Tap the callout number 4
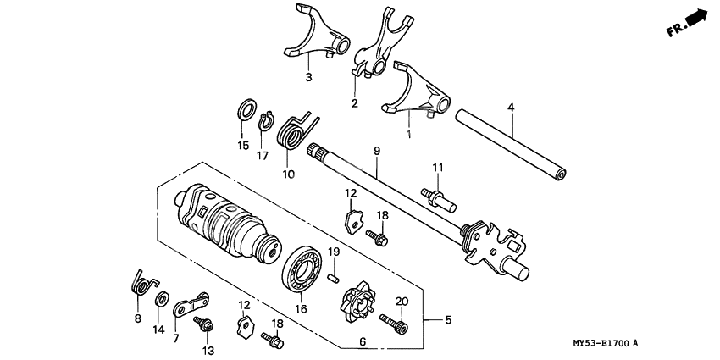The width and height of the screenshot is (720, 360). coord(511,107)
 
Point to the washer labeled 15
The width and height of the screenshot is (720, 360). coord(246,110)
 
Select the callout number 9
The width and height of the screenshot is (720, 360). coord(376,150)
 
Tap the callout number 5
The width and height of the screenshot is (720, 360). coord(449,320)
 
